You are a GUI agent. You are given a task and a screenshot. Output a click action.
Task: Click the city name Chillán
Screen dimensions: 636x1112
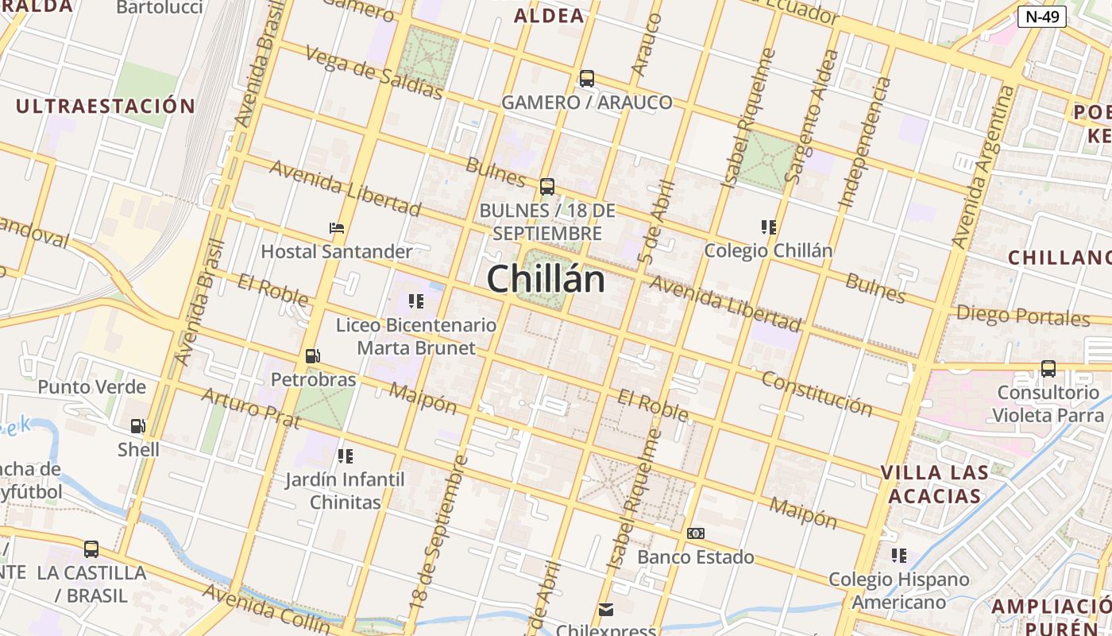(x=546, y=279)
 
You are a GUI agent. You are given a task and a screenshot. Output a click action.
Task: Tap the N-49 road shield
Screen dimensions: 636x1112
(x=1041, y=16)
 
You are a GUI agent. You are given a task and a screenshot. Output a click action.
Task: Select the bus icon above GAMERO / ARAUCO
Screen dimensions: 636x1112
(x=587, y=79)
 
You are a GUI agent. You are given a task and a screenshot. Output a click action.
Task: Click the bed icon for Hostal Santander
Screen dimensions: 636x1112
(x=337, y=228)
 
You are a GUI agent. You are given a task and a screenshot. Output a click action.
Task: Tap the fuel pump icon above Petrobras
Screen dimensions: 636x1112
(x=313, y=356)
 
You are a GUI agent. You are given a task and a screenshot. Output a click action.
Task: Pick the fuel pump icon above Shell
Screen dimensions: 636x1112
(x=138, y=426)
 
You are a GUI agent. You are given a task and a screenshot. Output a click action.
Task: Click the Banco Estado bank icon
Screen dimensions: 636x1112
(x=695, y=533)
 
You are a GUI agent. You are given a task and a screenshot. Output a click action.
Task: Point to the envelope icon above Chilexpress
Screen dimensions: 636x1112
(x=606, y=610)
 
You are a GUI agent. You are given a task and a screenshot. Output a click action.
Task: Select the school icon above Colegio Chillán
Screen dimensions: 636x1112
(x=768, y=227)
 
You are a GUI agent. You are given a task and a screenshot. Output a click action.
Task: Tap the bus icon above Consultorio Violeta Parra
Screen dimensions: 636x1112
(x=1048, y=369)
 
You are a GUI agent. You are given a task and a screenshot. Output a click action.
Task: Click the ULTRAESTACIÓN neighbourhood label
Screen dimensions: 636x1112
(x=106, y=106)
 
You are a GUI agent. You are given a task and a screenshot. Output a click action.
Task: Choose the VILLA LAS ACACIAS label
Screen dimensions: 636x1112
(x=935, y=484)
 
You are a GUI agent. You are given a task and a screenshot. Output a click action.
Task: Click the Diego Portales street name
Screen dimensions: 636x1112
(x=1022, y=316)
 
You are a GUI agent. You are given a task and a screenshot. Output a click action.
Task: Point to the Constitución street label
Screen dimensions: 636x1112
(x=817, y=393)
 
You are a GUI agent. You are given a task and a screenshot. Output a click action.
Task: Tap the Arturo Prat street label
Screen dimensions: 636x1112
(x=250, y=407)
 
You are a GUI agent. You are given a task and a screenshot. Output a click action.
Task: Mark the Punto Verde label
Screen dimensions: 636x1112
(x=92, y=387)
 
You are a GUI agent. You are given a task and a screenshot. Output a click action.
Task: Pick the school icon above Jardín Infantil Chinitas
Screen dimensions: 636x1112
(x=345, y=456)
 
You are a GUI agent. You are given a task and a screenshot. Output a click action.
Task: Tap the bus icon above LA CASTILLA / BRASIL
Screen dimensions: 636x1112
(x=91, y=549)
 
